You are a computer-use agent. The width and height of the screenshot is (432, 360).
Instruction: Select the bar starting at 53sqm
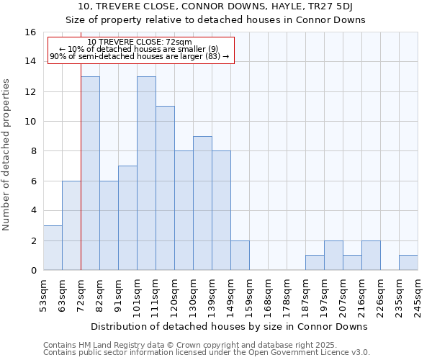point(53,248)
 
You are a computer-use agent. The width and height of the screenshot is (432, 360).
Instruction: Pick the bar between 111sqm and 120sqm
point(165,188)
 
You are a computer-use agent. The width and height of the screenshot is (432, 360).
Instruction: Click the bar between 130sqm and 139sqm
point(202,203)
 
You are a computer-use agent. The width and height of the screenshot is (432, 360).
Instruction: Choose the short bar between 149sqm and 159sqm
point(240,256)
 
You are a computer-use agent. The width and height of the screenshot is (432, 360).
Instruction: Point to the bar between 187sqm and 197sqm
point(315,263)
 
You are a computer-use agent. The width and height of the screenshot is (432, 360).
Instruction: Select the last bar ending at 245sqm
point(408,263)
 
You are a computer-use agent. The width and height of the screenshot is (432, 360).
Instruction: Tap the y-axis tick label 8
point(32,151)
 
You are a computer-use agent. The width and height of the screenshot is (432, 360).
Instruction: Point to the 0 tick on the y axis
point(32,271)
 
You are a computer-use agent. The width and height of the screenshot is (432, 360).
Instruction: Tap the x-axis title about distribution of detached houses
point(230,326)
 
